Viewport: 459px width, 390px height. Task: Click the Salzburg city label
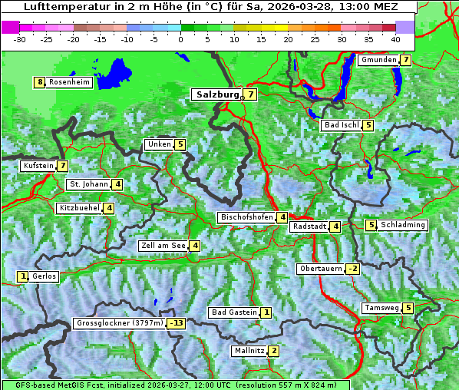pos(217,94)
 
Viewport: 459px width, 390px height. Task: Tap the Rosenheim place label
pos(69,82)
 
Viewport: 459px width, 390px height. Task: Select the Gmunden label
pos(378,60)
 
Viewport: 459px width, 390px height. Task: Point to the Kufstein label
pos(38,166)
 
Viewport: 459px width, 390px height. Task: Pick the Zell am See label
pos(163,246)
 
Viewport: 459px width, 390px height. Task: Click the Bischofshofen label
pos(246,217)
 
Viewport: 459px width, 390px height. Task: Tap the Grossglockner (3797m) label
pos(120,323)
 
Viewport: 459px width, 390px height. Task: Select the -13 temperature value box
pos(177,323)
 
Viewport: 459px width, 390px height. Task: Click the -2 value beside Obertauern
pos(352,269)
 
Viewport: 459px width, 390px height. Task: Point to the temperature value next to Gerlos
pos(23,276)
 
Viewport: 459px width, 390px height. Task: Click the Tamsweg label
pos(381,308)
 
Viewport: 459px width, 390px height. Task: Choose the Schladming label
pos(403,225)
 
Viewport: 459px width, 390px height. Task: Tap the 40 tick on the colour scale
pos(395,38)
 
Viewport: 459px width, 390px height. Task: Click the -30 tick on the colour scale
pos(19,38)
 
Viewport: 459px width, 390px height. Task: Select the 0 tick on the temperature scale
pos(180,38)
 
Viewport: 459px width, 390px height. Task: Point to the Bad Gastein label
pos(233,312)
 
